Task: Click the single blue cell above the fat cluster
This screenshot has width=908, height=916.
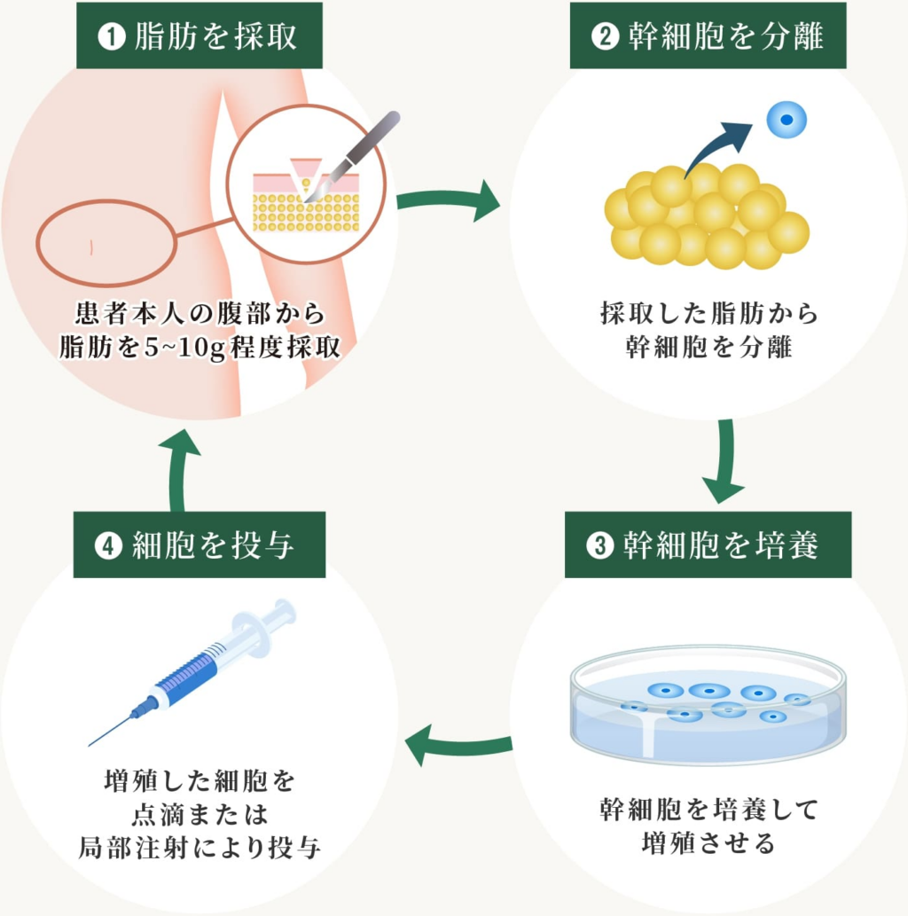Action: click(787, 121)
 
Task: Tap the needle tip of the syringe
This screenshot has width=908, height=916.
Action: click(92, 744)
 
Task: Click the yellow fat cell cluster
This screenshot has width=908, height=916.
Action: click(706, 215)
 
